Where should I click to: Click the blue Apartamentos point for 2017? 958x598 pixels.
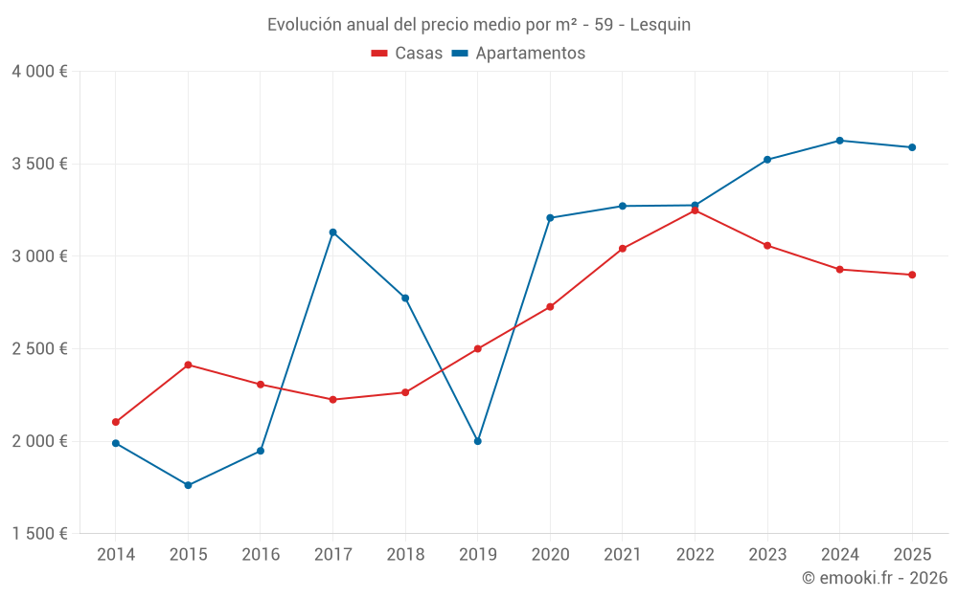332,233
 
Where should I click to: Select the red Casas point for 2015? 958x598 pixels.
188,365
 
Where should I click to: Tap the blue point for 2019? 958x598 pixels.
477,441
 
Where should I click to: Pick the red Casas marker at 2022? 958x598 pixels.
695,210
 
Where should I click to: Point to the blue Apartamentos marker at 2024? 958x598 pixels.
839,141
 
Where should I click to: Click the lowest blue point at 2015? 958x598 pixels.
188,485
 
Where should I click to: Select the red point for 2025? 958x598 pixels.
912,275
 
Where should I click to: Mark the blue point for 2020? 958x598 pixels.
550,218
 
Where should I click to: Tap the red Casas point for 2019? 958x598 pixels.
477,349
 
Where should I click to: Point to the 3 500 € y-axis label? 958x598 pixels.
40,164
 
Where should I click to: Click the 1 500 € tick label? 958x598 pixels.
40,534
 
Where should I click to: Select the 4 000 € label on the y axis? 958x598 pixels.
40,72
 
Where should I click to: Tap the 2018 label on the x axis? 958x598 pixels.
405,554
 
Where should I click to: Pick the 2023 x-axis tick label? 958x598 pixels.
767,554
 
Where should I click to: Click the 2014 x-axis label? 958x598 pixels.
116,554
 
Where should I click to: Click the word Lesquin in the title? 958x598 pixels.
662,25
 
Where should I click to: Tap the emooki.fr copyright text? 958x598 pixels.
875,578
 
